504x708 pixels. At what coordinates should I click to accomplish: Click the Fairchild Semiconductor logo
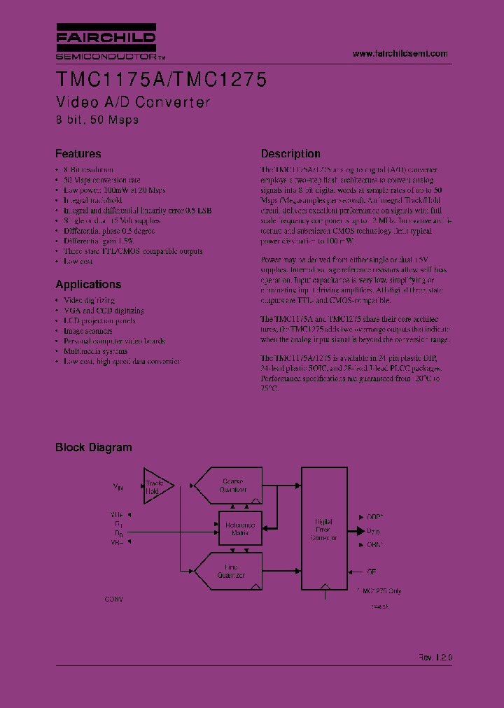tap(106, 43)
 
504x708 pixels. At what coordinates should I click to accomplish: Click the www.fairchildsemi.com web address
tap(400, 54)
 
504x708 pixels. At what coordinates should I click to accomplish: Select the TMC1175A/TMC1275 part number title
tap(160, 80)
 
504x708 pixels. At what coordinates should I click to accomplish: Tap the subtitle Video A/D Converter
tap(132, 102)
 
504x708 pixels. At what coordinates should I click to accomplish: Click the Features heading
tap(78, 154)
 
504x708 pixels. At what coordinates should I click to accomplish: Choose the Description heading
tap(290, 154)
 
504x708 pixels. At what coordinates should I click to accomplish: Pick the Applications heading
tap(88, 284)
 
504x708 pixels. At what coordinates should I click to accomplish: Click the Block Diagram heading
tap(93, 448)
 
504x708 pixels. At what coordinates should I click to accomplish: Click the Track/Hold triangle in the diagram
tap(155, 486)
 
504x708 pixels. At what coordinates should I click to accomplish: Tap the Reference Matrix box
tap(239, 529)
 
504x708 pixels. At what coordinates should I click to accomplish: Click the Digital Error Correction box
tap(323, 530)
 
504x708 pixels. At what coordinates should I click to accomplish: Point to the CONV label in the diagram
tap(114, 600)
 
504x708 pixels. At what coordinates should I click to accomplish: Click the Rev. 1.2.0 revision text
tap(435, 658)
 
